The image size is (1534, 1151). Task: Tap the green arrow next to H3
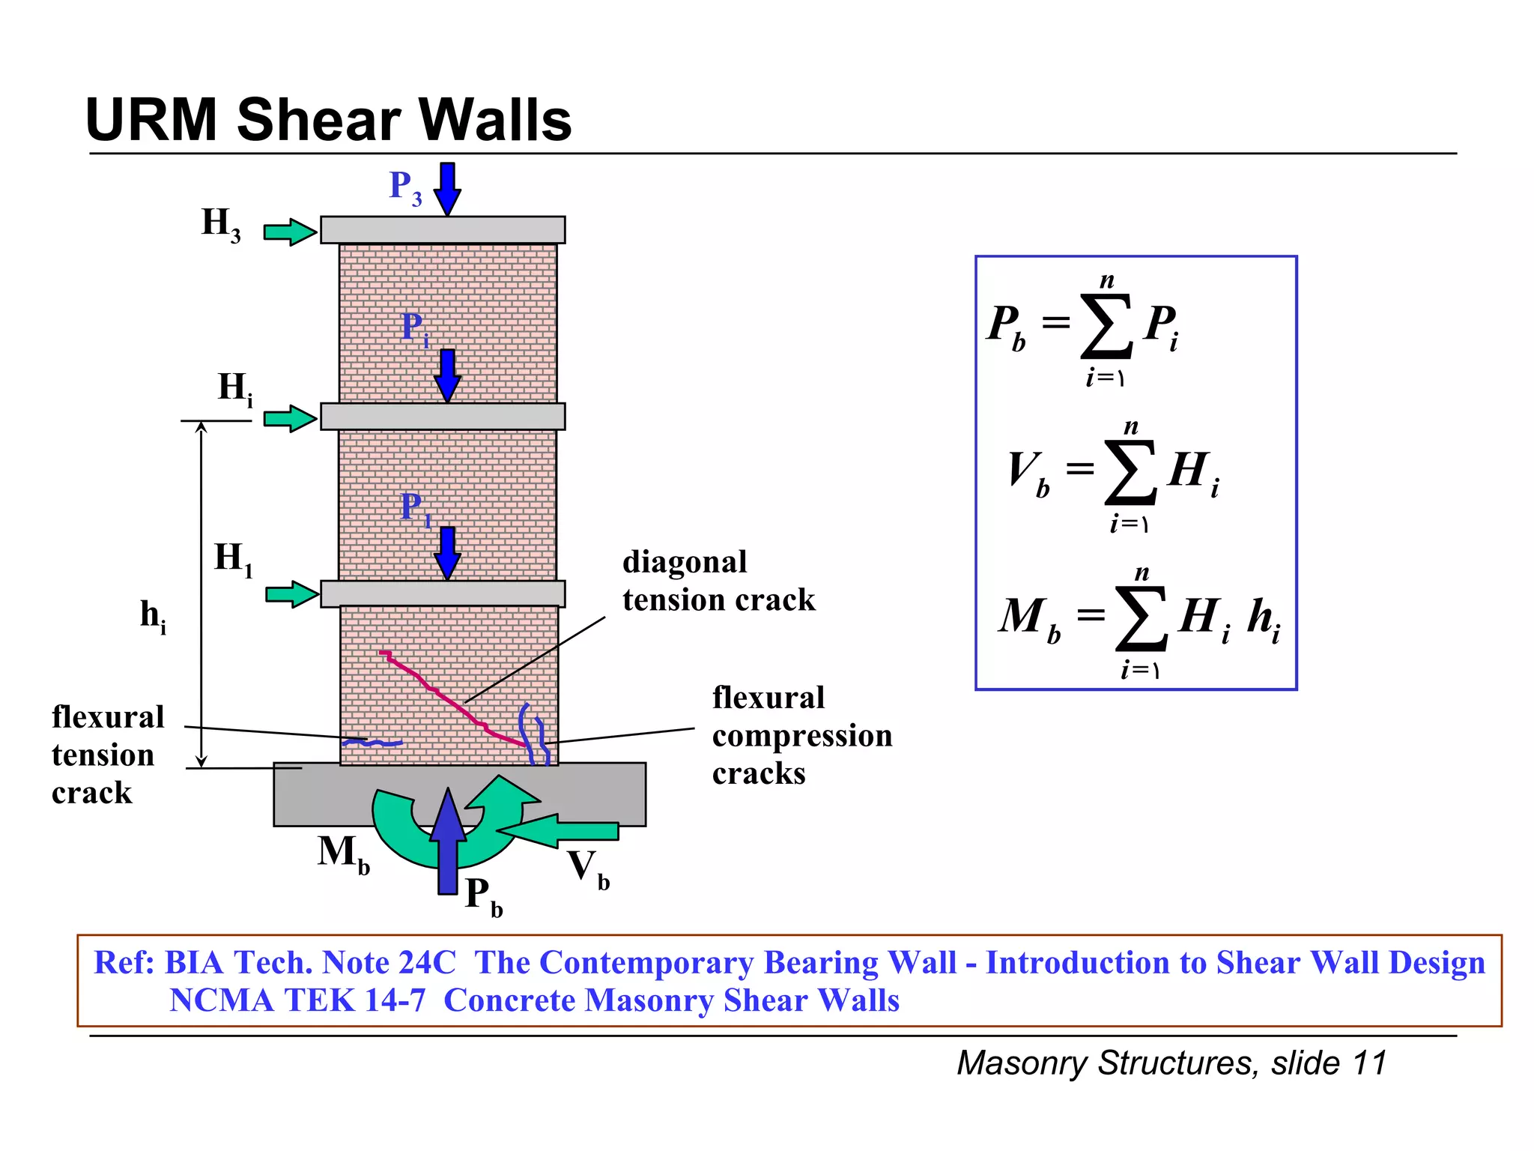point(290,232)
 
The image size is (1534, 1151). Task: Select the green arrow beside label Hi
point(290,418)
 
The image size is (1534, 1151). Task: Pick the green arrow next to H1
point(291,594)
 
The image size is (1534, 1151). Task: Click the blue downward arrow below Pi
point(447,375)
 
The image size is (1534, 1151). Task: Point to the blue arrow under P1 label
point(447,552)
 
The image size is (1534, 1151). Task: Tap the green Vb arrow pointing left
point(558,830)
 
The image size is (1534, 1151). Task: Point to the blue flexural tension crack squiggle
point(372,743)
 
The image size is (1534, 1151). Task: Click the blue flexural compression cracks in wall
point(533,734)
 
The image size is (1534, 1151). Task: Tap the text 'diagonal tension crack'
point(718,581)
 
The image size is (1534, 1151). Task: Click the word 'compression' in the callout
point(801,736)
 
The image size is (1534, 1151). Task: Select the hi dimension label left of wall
point(153,616)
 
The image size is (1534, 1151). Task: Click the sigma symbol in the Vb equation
point(1130,473)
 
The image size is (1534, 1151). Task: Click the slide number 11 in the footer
point(1370,1063)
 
